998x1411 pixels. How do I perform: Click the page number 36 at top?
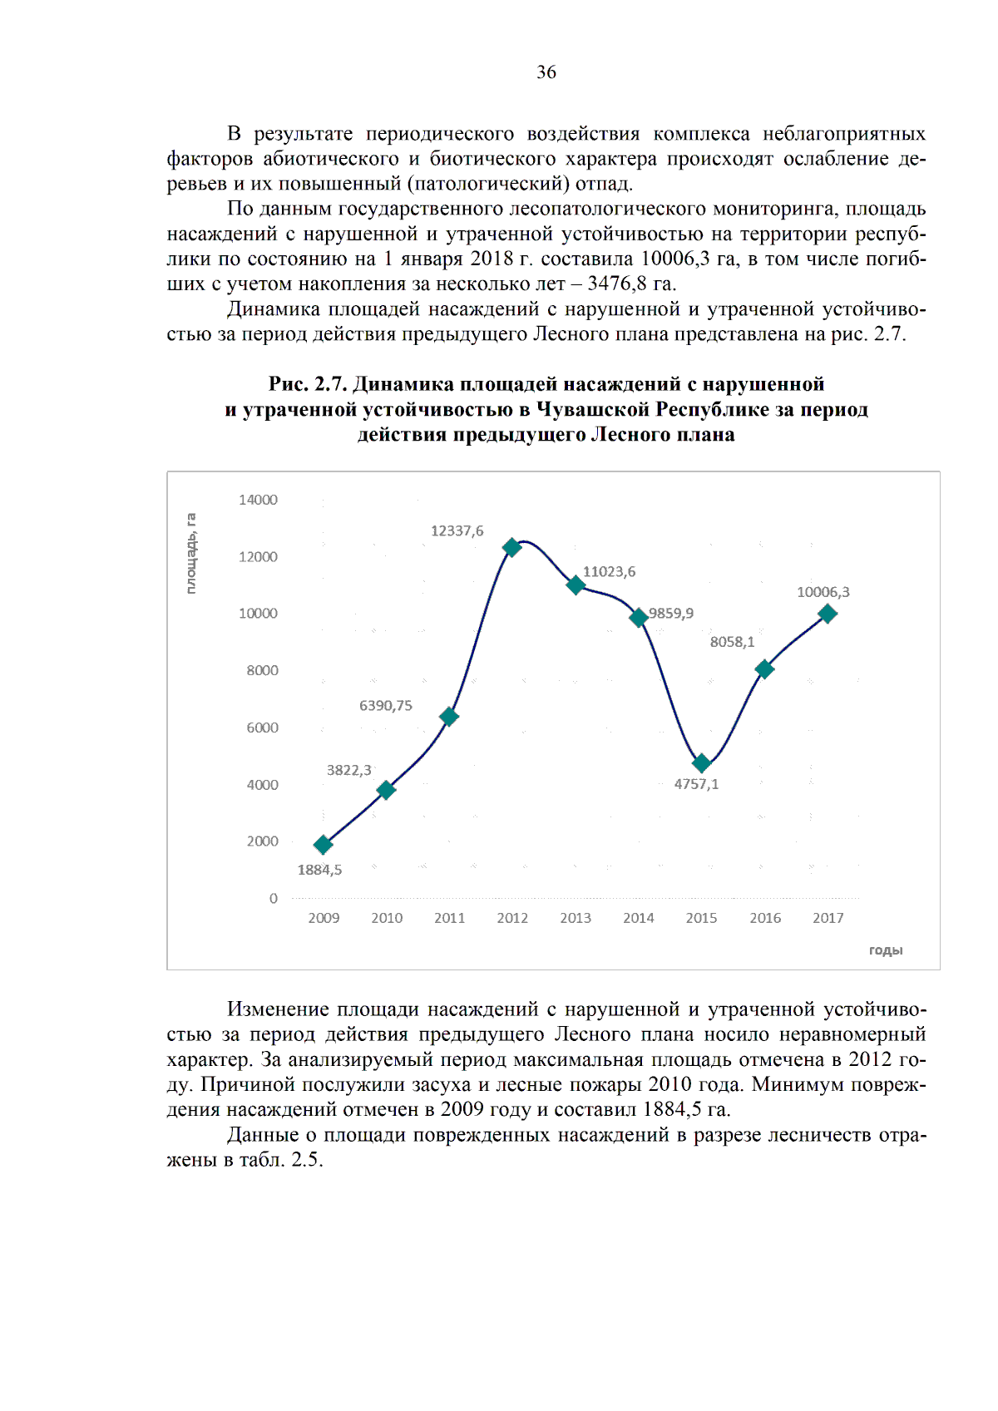[546, 72]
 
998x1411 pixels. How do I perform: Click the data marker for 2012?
[512, 547]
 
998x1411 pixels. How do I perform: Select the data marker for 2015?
[702, 762]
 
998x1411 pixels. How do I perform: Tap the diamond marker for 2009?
[324, 845]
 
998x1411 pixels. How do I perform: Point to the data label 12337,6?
[457, 530]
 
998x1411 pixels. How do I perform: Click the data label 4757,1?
[696, 784]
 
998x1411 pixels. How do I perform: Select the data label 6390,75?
[385, 705]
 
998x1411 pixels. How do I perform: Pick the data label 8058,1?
[732, 641]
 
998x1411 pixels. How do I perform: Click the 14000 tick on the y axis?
[258, 500]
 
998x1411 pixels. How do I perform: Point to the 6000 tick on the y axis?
[262, 728]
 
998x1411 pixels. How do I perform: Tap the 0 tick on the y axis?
[273, 898]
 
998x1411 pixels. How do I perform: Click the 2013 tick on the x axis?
[576, 918]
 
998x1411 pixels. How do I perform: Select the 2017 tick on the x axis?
[828, 918]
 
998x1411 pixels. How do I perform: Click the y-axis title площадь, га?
[191, 553]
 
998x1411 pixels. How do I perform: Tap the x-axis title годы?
[886, 950]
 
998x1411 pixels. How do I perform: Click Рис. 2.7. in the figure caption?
[307, 384]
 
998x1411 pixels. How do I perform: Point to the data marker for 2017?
[828, 614]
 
